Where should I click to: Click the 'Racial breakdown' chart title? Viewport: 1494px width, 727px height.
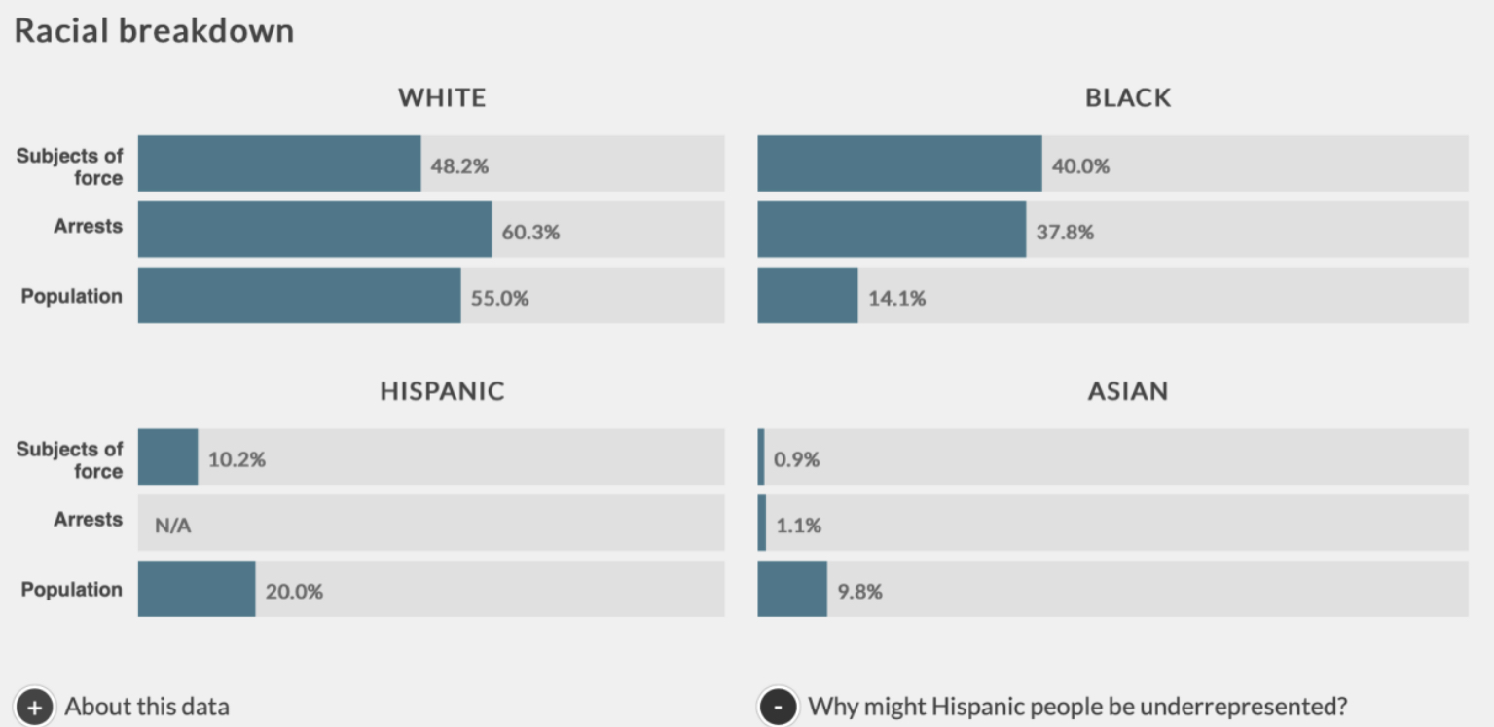point(154,31)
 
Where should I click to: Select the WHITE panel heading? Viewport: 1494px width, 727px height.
point(442,97)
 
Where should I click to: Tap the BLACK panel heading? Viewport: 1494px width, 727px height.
point(1128,97)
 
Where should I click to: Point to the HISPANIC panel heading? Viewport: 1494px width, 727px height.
point(442,391)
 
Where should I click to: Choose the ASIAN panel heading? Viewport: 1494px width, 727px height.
point(1128,391)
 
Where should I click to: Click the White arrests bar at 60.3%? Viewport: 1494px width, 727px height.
point(314,230)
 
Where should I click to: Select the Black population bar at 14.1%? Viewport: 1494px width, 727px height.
point(807,296)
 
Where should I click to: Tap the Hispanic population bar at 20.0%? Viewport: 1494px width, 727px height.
point(197,589)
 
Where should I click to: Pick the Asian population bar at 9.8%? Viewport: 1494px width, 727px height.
point(792,589)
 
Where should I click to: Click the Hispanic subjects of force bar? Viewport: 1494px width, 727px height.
point(167,457)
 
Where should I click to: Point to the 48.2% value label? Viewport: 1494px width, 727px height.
point(459,166)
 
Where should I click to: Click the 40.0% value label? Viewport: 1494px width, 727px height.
point(1080,166)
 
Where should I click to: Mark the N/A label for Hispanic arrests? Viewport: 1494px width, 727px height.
point(171,527)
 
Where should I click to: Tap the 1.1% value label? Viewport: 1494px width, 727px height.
point(798,527)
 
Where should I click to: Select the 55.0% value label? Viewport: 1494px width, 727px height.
point(499,299)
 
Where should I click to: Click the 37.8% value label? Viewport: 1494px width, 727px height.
point(1064,233)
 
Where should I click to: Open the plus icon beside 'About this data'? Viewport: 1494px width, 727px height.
point(34,708)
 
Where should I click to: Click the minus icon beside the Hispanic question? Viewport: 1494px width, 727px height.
point(778,708)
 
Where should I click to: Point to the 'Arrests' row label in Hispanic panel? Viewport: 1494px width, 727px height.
point(88,520)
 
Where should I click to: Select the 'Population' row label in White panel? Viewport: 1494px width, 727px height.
point(72,296)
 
